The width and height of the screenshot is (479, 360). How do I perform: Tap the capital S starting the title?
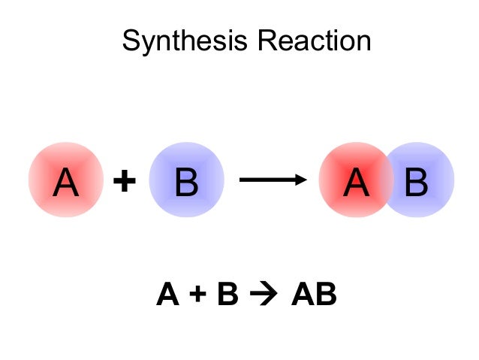[x=130, y=41]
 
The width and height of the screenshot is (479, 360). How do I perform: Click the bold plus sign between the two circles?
[x=125, y=181]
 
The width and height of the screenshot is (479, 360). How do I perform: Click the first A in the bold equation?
[x=168, y=295]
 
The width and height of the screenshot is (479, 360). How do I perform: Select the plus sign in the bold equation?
[x=197, y=295]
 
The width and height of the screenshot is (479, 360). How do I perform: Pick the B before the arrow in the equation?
[x=226, y=295]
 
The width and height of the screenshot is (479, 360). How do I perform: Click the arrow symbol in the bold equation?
[x=263, y=295]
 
